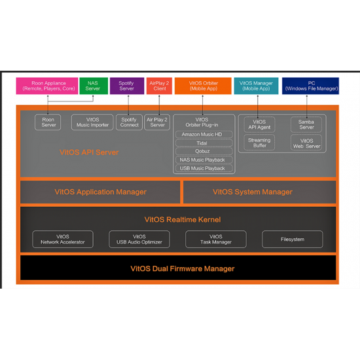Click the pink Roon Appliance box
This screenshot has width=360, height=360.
coord(47,86)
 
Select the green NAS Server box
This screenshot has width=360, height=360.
coord(94,86)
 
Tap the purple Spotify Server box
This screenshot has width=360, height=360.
coord(127,86)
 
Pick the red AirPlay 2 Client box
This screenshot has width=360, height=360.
coord(159,86)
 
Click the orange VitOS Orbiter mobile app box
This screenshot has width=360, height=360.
coord(203,86)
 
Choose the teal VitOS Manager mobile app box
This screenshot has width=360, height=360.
coord(256,86)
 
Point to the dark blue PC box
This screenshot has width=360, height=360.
coord(310,86)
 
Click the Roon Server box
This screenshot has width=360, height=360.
coord(48,122)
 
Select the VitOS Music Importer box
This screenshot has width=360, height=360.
coord(92,122)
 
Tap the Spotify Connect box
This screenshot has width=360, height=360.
coord(129,122)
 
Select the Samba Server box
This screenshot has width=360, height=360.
coord(306,124)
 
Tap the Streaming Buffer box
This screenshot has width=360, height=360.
coord(259,143)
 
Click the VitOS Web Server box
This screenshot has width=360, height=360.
coord(306,143)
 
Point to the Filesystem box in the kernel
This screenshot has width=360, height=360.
coord(293,239)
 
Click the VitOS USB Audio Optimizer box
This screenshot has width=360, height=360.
coord(139,239)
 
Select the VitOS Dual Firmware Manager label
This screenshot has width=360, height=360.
coord(183,268)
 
